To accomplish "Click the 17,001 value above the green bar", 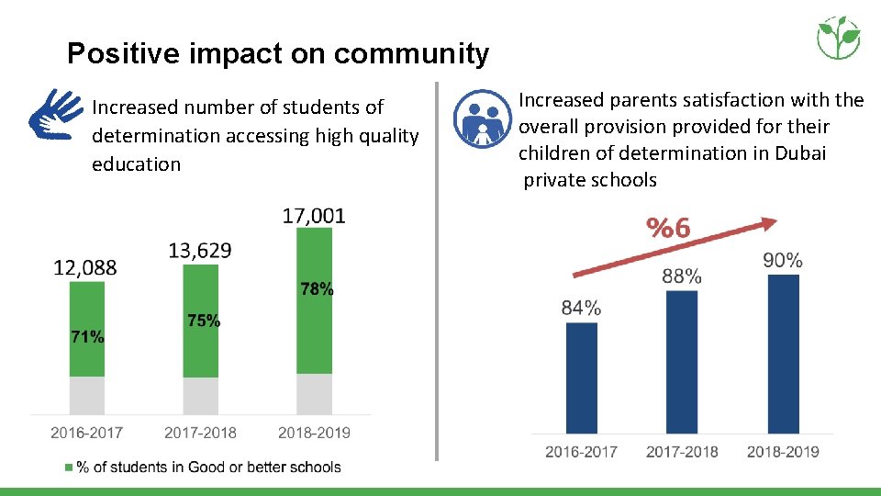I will pyautogui.click(x=314, y=217).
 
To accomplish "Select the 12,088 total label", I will pyautogui.click(x=85, y=267).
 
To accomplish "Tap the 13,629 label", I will pyautogui.click(x=200, y=250).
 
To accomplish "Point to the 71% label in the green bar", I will pyautogui.click(x=87, y=337).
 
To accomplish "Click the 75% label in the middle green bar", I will pyautogui.click(x=203, y=321).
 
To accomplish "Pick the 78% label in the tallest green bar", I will pyautogui.click(x=317, y=289).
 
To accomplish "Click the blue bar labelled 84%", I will pyautogui.click(x=581, y=378).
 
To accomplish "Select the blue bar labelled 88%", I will pyautogui.click(x=682, y=362).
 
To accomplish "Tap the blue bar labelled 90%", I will pyautogui.click(x=783, y=354).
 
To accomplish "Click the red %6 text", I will pyautogui.click(x=669, y=228).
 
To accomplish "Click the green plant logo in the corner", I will pyautogui.click(x=838, y=38).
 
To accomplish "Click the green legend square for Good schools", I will pyautogui.click(x=69, y=468).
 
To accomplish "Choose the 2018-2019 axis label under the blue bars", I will pyautogui.click(x=783, y=451).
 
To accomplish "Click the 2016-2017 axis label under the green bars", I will pyautogui.click(x=86, y=432).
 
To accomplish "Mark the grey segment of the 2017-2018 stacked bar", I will pyautogui.click(x=201, y=396).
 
